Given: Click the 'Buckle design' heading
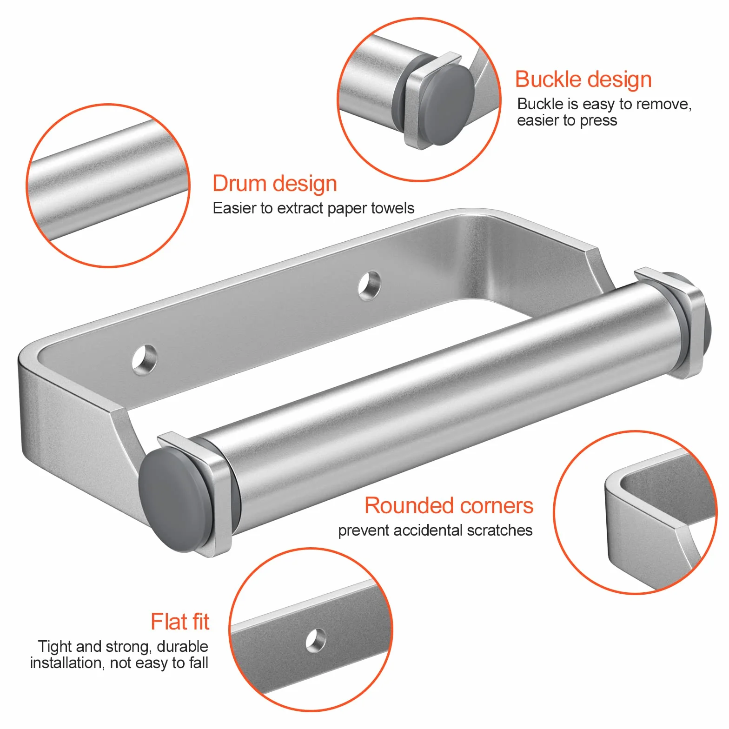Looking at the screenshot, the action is [583, 80].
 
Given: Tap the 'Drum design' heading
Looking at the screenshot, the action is [274, 184].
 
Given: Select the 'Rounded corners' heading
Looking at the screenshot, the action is [449, 505].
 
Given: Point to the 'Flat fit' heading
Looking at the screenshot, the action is [180, 622].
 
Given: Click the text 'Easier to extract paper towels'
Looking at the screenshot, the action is [313, 208].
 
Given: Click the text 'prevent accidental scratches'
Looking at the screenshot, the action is [435, 530].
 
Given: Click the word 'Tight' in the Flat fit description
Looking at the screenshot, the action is [55, 647].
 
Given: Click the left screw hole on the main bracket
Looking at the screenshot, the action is [145, 359].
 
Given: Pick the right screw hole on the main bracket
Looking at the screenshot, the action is [370, 285].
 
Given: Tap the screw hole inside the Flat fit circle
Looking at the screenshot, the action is [316, 640].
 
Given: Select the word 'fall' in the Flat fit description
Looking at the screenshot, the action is [199, 663].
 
